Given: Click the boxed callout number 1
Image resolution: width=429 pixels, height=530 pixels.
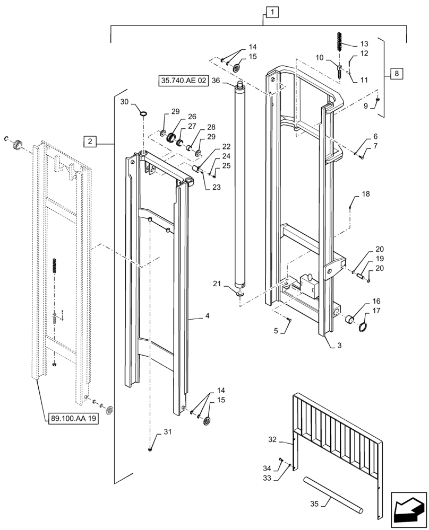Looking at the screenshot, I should click(271, 11).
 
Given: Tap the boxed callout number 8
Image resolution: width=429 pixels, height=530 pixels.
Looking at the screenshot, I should click(396, 73).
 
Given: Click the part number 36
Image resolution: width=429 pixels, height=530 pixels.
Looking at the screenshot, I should click(215, 81).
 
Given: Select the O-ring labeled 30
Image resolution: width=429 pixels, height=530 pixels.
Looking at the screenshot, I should click(143, 112).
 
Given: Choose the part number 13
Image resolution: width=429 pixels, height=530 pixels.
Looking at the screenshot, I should click(364, 43).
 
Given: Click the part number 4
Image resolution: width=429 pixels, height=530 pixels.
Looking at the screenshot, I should click(207, 316).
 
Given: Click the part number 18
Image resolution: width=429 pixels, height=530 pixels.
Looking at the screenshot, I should click(365, 195).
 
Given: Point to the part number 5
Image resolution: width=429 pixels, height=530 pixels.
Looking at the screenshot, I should click(276, 331).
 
